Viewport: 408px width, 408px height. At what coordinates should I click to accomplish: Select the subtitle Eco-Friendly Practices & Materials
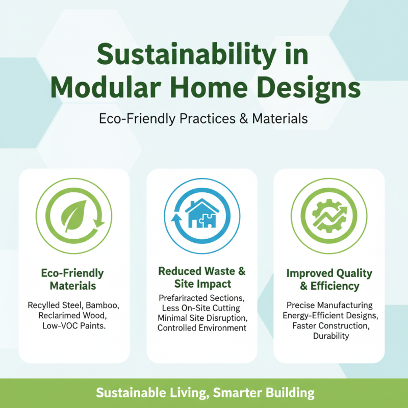pyautogui.click(x=203, y=118)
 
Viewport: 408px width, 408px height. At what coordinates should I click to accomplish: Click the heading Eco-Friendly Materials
pyautogui.click(x=74, y=279)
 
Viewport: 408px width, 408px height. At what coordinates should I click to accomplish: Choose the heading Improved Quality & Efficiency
pyautogui.click(x=329, y=279)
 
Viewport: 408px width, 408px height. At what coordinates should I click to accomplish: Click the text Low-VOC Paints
pyautogui.click(x=74, y=325)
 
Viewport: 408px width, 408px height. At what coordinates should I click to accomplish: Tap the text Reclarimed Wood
pyautogui.click(x=74, y=316)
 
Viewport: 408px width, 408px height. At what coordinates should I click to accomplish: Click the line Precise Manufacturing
pyautogui.click(x=329, y=305)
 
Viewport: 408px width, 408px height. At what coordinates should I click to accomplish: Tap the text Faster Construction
pyautogui.click(x=329, y=326)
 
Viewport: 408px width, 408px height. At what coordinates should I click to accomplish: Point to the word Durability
pyautogui.click(x=329, y=336)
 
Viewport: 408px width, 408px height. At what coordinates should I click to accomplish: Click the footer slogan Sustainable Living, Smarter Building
pyautogui.click(x=204, y=393)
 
